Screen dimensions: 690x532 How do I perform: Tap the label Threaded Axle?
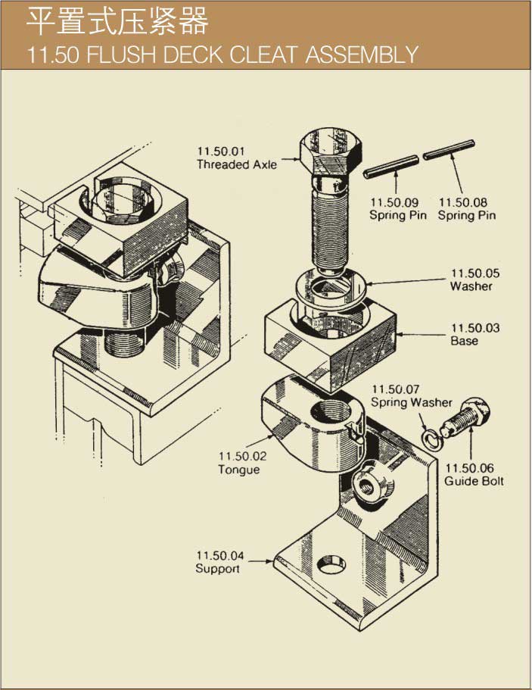237,164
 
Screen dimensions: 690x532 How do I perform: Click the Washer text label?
471,286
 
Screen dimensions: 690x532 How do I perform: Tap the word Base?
465,341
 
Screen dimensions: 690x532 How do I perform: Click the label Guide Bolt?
474,481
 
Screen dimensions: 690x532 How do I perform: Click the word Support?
218,568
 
